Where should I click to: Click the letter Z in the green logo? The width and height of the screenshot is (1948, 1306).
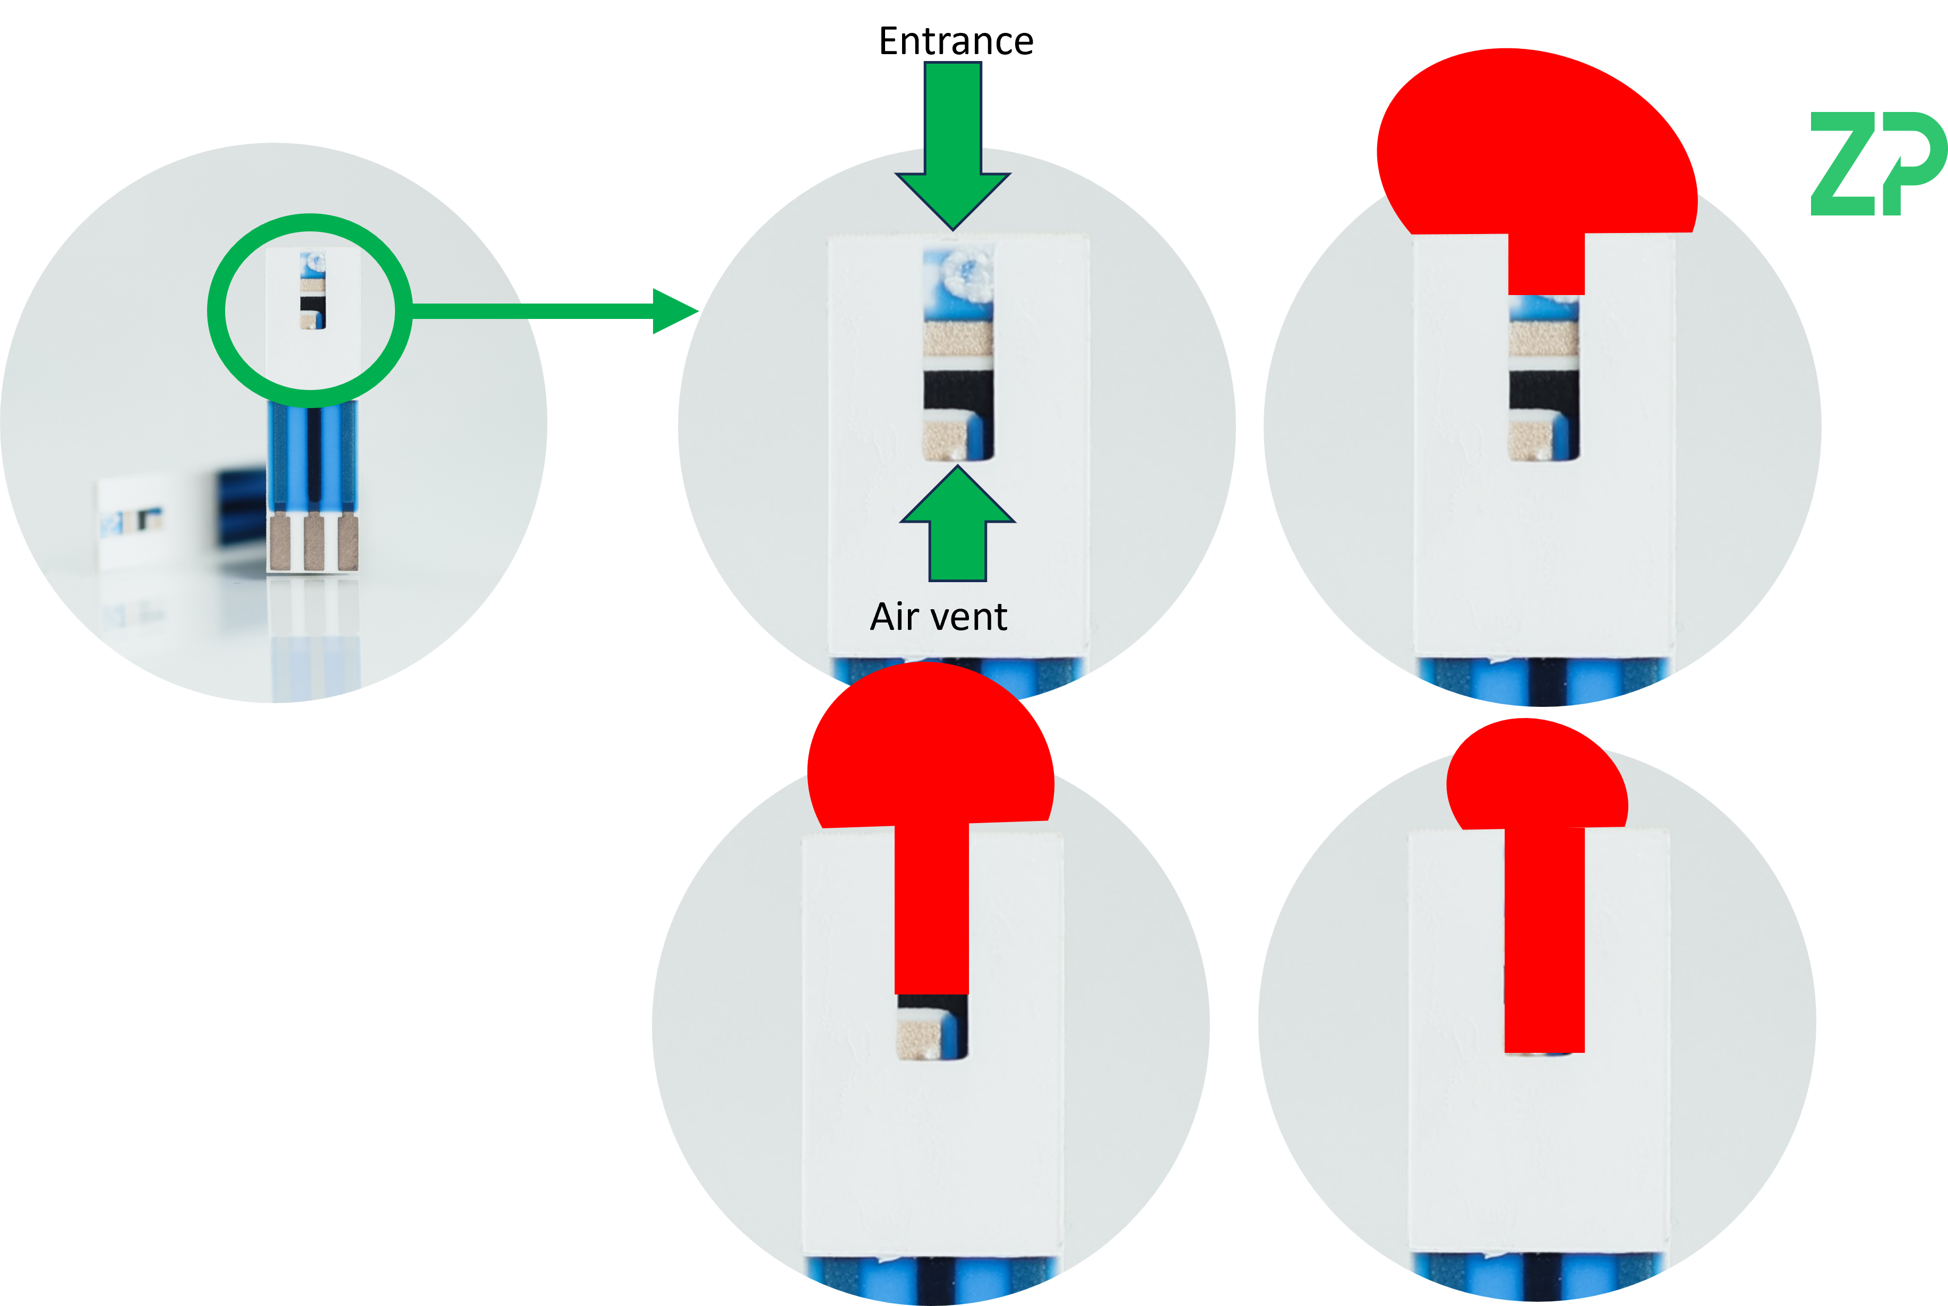[1843, 164]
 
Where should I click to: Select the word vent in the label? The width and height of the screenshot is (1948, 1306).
[973, 617]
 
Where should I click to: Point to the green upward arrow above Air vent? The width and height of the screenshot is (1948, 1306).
[957, 525]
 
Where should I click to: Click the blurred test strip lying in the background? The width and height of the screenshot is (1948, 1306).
[138, 521]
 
